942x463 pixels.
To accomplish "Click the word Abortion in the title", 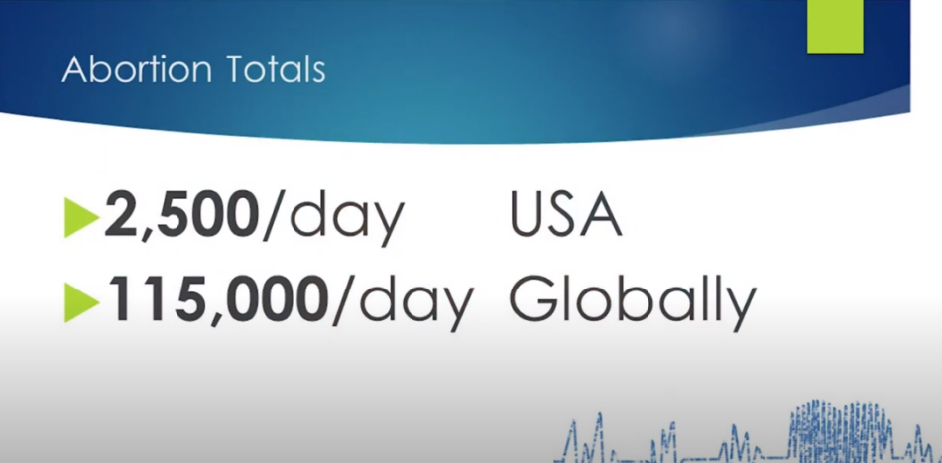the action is (x=137, y=69).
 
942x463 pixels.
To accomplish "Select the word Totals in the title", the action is (x=276, y=69).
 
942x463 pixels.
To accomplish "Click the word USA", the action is (x=566, y=215).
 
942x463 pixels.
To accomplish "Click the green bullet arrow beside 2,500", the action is (x=81, y=217).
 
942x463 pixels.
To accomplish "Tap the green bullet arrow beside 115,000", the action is (x=81, y=302).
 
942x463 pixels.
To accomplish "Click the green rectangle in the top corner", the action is (x=835, y=27).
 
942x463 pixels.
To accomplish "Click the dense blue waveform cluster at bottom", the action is (x=841, y=429).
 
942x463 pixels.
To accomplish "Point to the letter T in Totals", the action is (x=236, y=69).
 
